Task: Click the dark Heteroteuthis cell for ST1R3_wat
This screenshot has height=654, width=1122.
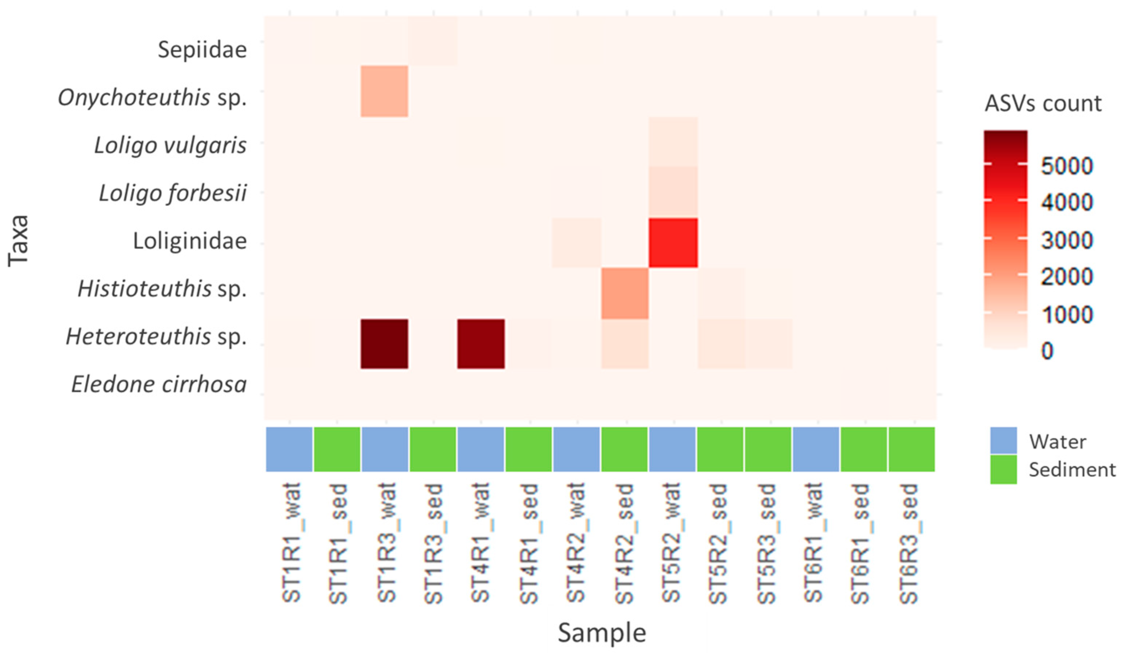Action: pos(384,344)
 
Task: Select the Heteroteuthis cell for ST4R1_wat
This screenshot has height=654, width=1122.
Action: pos(481,344)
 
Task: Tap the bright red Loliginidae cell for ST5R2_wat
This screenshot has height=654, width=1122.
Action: pos(673,243)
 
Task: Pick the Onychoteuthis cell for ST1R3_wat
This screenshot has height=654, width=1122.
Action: pos(384,91)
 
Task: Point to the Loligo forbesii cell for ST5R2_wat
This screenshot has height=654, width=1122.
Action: pos(673,192)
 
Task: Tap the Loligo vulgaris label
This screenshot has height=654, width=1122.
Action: pos(170,145)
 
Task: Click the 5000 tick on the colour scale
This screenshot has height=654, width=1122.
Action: pos(1067,166)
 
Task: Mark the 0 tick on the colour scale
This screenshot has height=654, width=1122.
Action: pos(1047,351)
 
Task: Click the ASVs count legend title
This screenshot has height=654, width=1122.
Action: pos(1043,103)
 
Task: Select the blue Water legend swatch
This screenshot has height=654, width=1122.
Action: pos(1003,440)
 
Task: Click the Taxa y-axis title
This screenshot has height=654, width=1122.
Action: pos(19,241)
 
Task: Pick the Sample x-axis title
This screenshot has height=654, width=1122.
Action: pos(602,633)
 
